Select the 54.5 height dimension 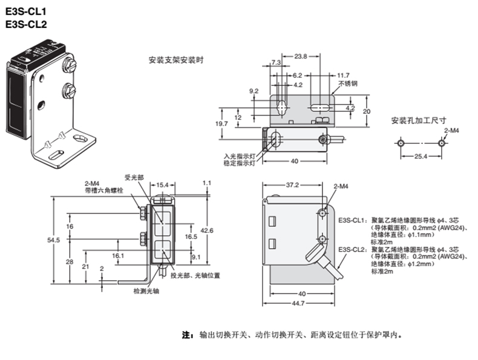[x=54, y=240]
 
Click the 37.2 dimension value [x=292, y=185]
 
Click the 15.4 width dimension [x=162, y=185]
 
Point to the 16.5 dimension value [x=191, y=237]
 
